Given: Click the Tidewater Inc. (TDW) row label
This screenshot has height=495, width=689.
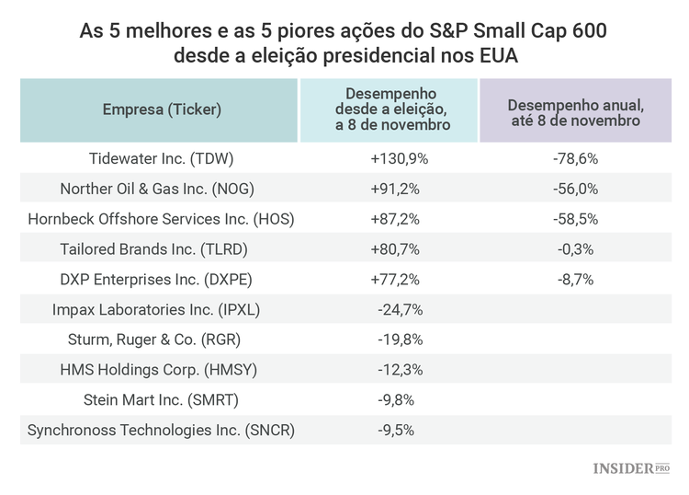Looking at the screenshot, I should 161,158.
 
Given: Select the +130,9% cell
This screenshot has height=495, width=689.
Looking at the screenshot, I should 400,158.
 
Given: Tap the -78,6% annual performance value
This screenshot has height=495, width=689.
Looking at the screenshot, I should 576,158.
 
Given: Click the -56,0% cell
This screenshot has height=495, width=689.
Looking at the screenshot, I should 576,189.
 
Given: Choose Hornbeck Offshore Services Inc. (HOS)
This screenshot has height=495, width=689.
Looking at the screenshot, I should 161,219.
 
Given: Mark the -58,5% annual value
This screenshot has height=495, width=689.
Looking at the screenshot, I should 576,219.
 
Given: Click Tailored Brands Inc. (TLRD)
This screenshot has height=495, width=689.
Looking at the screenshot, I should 161,248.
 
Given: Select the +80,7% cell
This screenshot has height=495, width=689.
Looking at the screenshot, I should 400,248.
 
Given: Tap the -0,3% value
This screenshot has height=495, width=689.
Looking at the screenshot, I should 576,248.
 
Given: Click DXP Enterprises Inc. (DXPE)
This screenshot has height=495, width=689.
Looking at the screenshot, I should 161,279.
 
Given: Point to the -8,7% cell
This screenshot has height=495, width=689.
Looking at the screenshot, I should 576,279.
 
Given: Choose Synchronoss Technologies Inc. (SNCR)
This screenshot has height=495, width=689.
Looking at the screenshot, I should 161,430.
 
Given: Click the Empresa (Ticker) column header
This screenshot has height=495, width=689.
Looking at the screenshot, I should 162,109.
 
